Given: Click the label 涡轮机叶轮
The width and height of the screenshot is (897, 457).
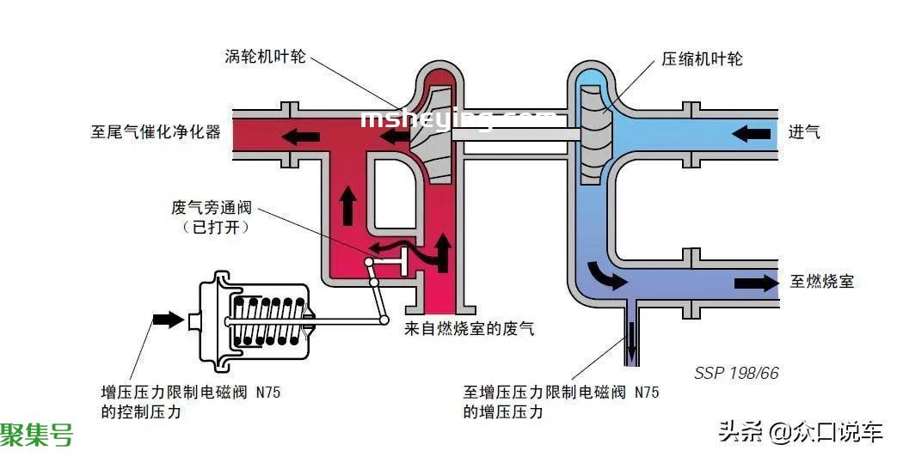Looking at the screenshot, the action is pyautogui.click(x=265, y=57).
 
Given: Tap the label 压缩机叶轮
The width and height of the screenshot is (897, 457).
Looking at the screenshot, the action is pyautogui.click(x=702, y=58).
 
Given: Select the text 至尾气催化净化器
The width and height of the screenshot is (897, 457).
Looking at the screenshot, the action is pyautogui.click(x=156, y=132).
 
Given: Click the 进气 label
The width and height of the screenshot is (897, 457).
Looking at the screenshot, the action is pyautogui.click(x=804, y=132).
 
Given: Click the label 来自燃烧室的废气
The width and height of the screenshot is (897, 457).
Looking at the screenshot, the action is pyautogui.click(x=469, y=329).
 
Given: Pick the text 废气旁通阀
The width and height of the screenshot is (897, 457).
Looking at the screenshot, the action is pyautogui.click(x=212, y=207).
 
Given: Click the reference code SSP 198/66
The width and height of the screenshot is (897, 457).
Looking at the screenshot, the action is pyautogui.click(x=737, y=373).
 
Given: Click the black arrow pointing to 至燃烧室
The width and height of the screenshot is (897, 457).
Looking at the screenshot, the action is pyautogui.click(x=756, y=283).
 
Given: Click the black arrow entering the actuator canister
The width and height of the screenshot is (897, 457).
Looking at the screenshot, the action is pyautogui.click(x=169, y=320).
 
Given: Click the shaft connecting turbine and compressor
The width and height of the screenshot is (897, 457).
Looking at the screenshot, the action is pyautogui.click(x=515, y=135).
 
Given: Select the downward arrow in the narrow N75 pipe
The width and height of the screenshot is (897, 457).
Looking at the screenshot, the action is pyautogui.click(x=631, y=338).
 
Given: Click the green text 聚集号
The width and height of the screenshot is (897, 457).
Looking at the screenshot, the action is pyautogui.click(x=37, y=435).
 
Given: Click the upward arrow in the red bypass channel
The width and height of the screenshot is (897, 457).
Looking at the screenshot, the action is pyautogui.click(x=347, y=205).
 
